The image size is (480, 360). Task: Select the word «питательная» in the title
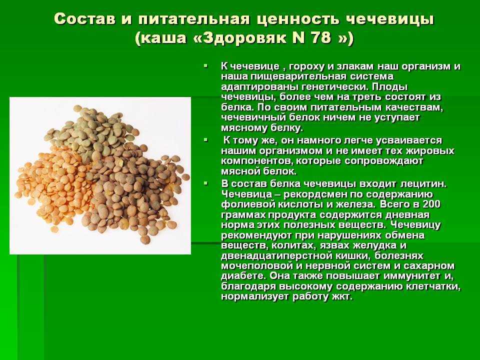(193, 19)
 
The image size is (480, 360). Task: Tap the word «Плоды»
(390, 87)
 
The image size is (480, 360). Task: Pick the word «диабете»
(243, 276)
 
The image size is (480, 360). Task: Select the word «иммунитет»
(410, 276)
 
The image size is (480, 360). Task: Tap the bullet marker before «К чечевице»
(205, 66)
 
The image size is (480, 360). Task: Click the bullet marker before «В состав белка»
(205, 183)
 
